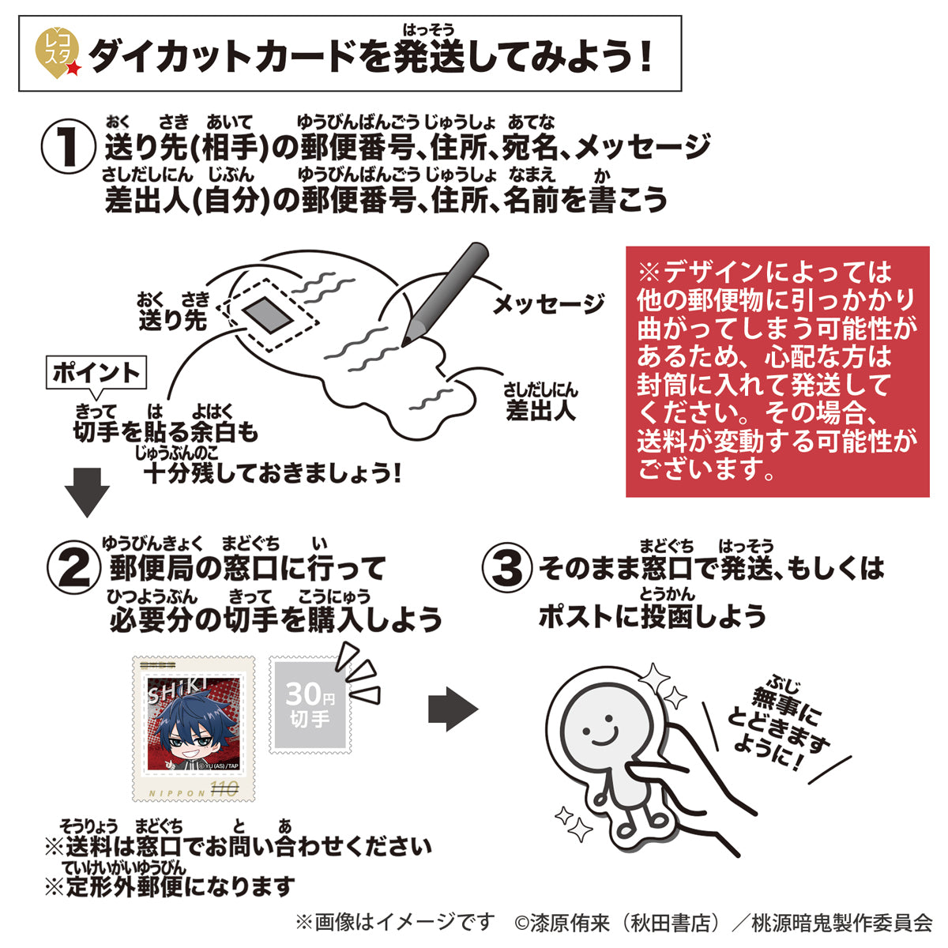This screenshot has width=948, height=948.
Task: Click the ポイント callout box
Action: [96, 373]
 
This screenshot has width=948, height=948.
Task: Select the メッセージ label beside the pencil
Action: [548, 305]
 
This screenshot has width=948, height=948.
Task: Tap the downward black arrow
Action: [86, 492]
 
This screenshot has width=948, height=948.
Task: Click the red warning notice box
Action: [777, 371]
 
